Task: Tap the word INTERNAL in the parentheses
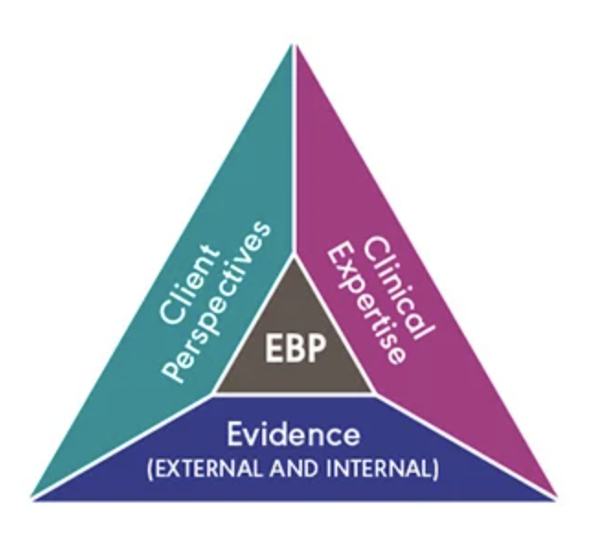(x=386, y=466)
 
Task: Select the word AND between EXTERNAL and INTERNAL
(x=297, y=466)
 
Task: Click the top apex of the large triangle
(x=294, y=41)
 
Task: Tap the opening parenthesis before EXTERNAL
(x=148, y=466)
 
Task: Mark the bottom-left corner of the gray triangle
(x=213, y=395)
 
